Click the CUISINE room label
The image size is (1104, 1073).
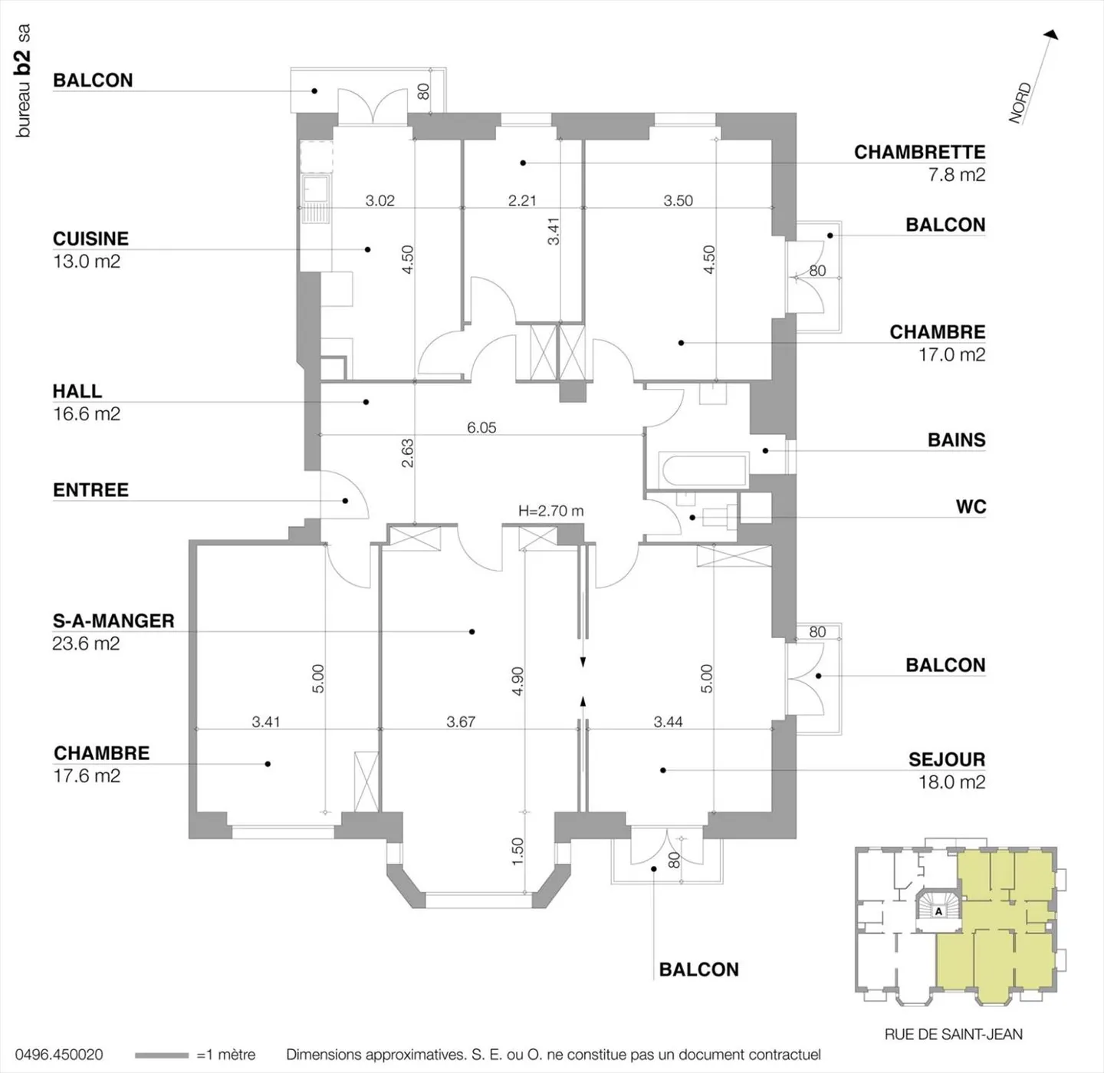click(90, 239)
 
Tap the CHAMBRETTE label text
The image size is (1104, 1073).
click(919, 152)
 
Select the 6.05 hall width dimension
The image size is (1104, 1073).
click(481, 427)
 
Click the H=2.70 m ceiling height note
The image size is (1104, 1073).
click(550, 511)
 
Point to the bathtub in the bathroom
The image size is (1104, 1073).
click(703, 471)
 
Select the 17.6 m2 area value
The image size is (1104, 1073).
click(87, 775)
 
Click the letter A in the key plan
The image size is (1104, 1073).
click(938, 912)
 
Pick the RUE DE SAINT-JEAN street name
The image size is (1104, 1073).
click(953, 1034)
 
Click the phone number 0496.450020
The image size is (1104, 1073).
click(59, 1055)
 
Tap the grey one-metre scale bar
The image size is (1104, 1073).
click(161, 1055)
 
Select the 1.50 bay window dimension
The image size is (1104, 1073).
click(517, 851)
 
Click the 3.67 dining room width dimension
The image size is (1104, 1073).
click(461, 722)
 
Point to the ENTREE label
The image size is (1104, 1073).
click(90, 489)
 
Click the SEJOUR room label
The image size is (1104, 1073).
click(946, 759)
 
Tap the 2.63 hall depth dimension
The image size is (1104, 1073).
click(407, 453)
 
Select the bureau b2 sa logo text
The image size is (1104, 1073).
click(24, 81)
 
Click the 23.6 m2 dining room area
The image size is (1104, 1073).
click(86, 643)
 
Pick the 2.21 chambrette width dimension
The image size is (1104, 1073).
click(522, 200)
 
